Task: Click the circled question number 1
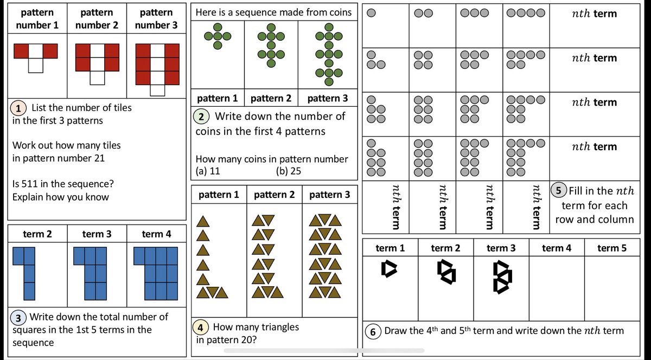[x=20, y=108]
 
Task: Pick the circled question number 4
[x=201, y=327]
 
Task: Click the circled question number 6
[x=373, y=331]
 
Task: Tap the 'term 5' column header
[x=612, y=248]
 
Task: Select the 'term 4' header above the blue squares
[x=156, y=234]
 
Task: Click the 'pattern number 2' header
[x=97, y=18]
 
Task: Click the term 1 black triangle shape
[x=390, y=268]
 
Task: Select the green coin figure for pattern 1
[x=218, y=36]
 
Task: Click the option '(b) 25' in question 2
[x=289, y=171]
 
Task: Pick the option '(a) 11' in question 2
[x=208, y=171]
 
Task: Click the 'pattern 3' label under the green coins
[x=327, y=99]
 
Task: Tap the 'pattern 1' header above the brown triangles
[x=219, y=195]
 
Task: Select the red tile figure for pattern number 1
[x=36, y=56]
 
